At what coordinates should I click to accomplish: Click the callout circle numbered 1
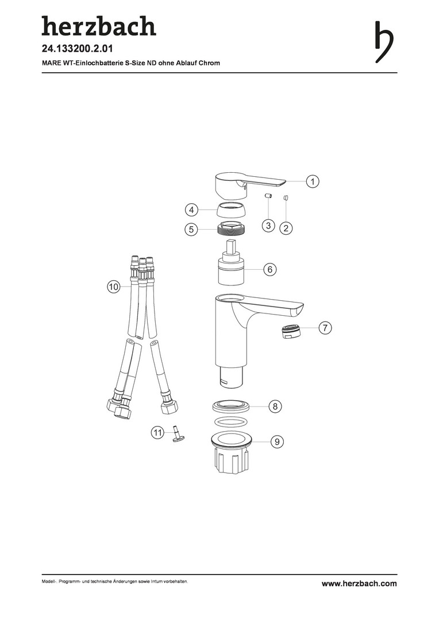[x=313, y=181]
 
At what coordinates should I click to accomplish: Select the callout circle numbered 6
[x=270, y=269]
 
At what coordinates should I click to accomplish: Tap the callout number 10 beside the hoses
[x=114, y=286]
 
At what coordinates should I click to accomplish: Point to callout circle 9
[x=277, y=441]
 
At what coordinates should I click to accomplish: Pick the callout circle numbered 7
[x=325, y=328]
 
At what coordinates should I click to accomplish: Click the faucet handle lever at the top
[x=249, y=185]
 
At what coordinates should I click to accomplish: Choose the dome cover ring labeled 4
[x=232, y=210]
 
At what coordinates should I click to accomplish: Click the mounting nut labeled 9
[x=231, y=454]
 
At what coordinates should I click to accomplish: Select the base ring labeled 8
[x=232, y=406]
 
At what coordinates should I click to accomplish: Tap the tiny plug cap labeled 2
[x=285, y=197]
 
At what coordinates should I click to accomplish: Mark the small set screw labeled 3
[x=268, y=196]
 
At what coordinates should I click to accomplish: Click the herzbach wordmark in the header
[x=99, y=26]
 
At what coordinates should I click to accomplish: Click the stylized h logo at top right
[x=384, y=41]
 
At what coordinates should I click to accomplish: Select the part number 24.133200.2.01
[x=77, y=49]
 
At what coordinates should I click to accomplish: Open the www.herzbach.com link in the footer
[x=359, y=584]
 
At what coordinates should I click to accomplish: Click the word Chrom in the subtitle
[x=209, y=63]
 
